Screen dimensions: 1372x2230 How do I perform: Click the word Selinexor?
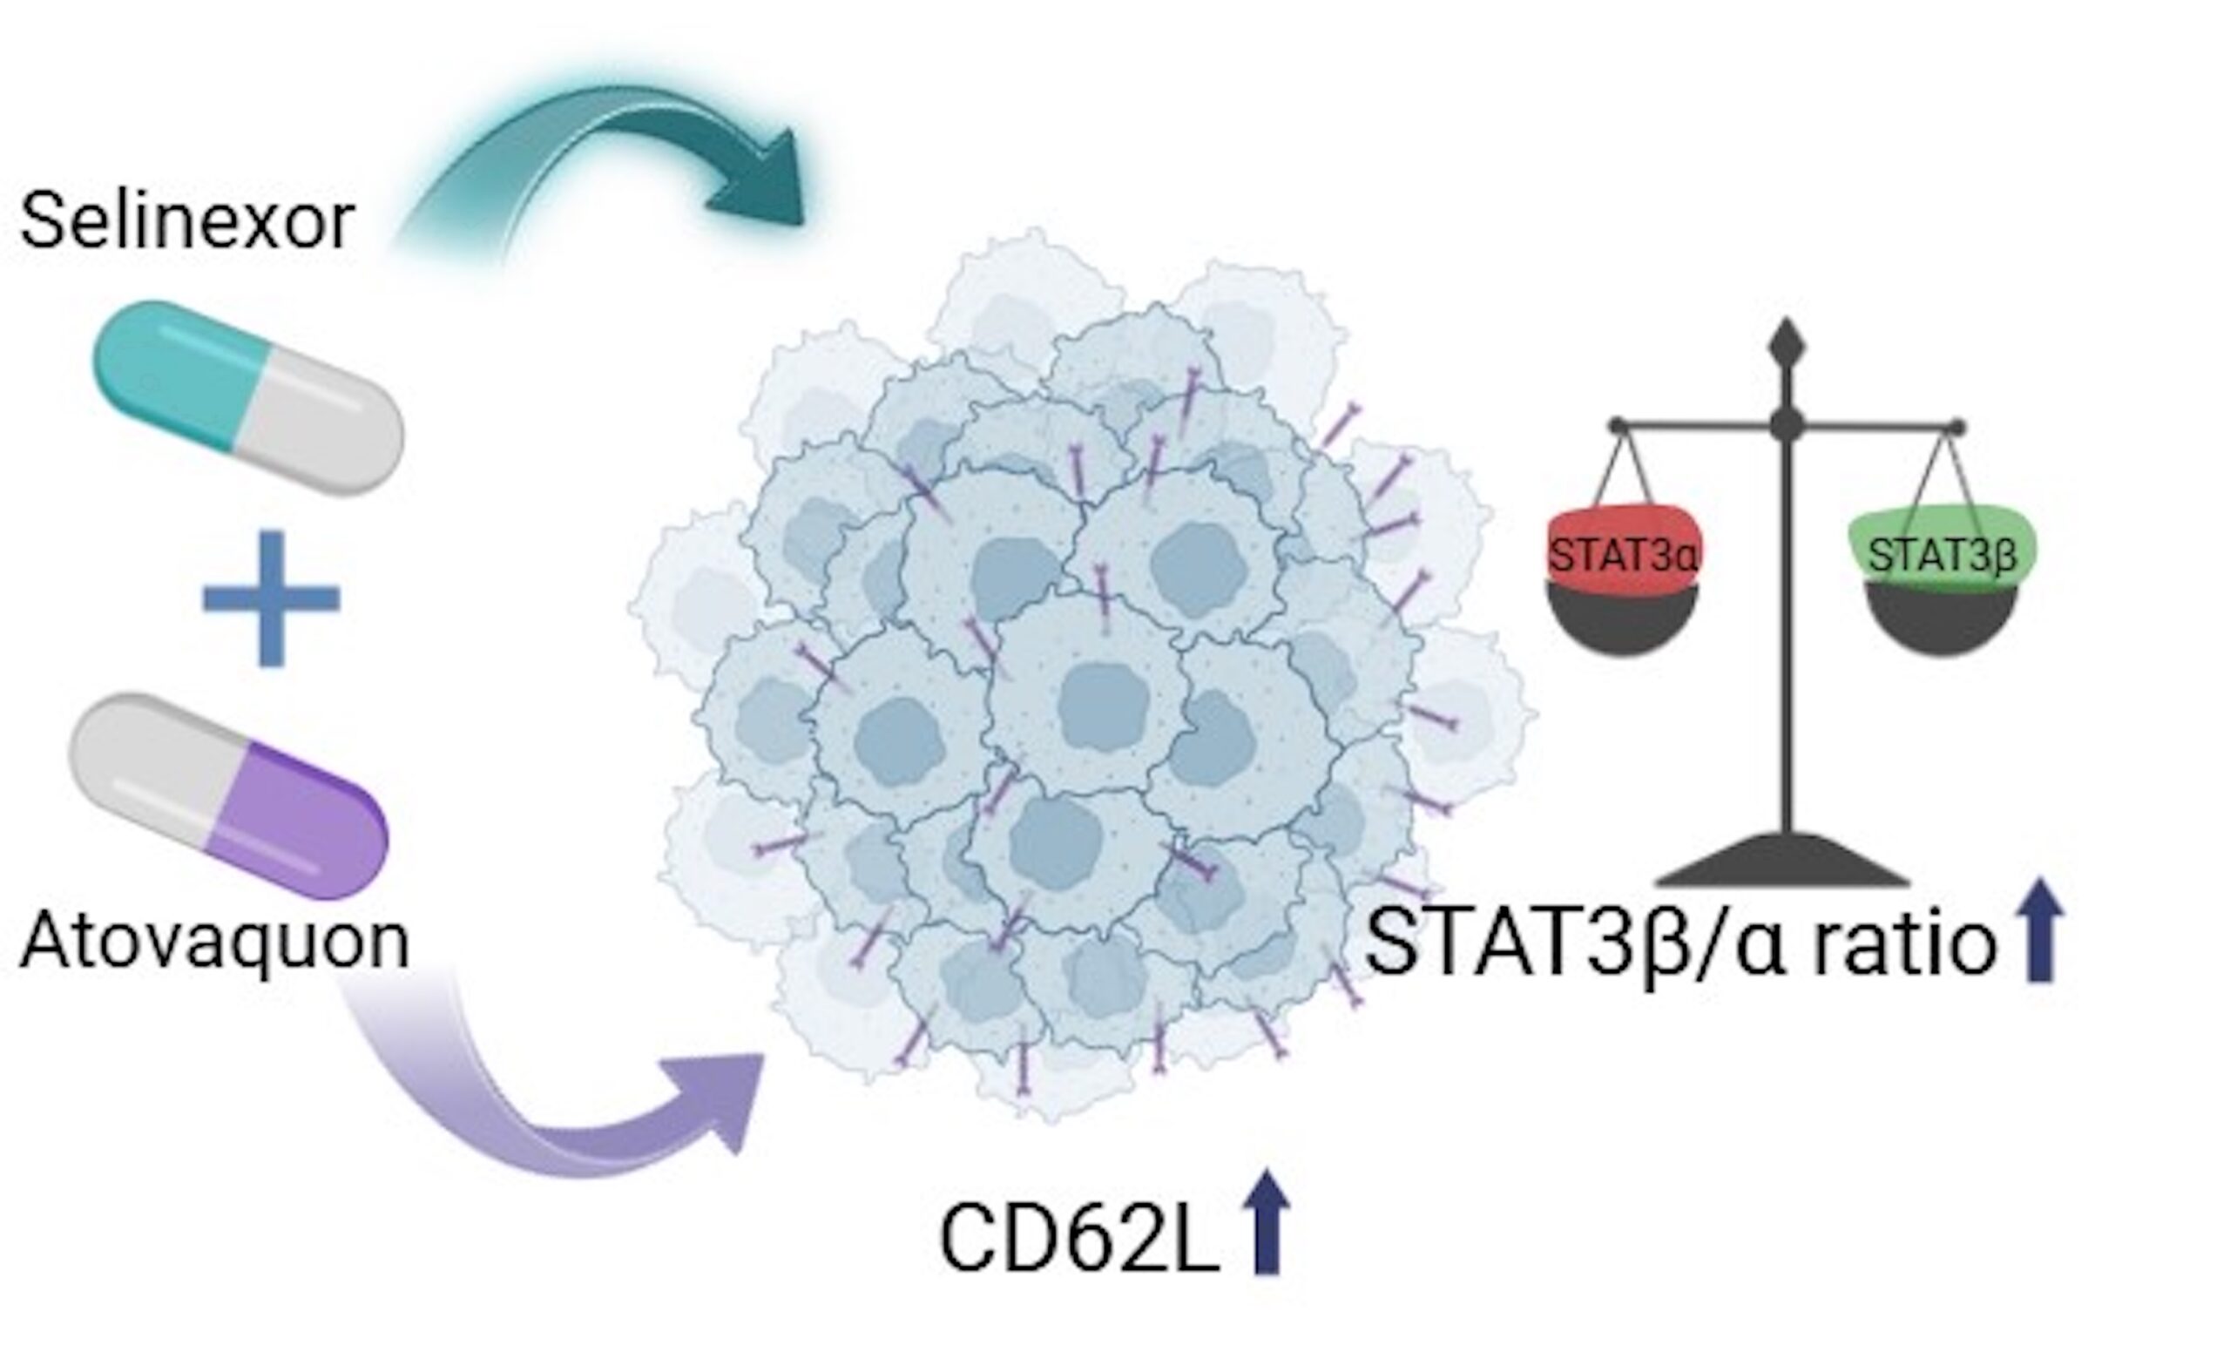(x=186, y=220)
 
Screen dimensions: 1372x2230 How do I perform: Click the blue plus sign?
(x=270, y=599)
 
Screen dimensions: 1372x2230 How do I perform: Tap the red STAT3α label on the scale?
(x=1621, y=554)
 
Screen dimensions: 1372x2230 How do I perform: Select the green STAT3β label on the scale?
(x=1942, y=554)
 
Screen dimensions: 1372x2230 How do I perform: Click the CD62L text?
(x=1077, y=1240)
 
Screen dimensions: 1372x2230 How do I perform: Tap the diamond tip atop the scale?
(x=1787, y=345)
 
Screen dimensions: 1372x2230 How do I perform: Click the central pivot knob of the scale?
(x=1787, y=422)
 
